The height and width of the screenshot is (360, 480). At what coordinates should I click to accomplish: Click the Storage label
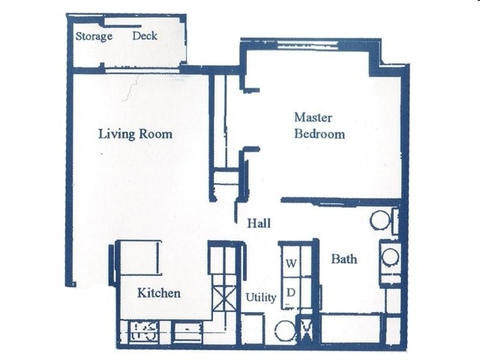[x=94, y=36]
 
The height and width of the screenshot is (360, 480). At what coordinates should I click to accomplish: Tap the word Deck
[x=145, y=35]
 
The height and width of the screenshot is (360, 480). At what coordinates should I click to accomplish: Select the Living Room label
[x=135, y=134]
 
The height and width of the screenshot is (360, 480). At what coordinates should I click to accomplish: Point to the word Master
[x=313, y=118]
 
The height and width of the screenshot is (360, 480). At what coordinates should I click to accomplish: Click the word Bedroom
[x=319, y=134]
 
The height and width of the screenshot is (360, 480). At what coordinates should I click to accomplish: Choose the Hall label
[x=259, y=223]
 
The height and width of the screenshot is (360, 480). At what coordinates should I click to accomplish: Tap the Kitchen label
[x=158, y=292]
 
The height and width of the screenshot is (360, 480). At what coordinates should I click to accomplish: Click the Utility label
[x=261, y=297]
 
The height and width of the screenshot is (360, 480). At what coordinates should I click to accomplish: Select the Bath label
[x=344, y=259]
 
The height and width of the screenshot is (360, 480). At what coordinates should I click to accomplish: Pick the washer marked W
[x=291, y=263]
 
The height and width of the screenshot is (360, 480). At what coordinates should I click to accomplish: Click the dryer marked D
[x=291, y=291]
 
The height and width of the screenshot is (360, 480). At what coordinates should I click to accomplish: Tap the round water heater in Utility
[x=285, y=330]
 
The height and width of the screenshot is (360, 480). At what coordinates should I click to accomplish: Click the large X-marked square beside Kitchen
[x=222, y=298]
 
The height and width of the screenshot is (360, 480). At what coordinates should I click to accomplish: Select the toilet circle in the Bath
[x=380, y=220]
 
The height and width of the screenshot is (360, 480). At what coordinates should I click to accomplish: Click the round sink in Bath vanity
[x=390, y=257]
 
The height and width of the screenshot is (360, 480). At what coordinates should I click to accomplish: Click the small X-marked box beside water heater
[x=307, y=328]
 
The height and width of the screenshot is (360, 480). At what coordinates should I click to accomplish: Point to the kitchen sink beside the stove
[x=187, y=331]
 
